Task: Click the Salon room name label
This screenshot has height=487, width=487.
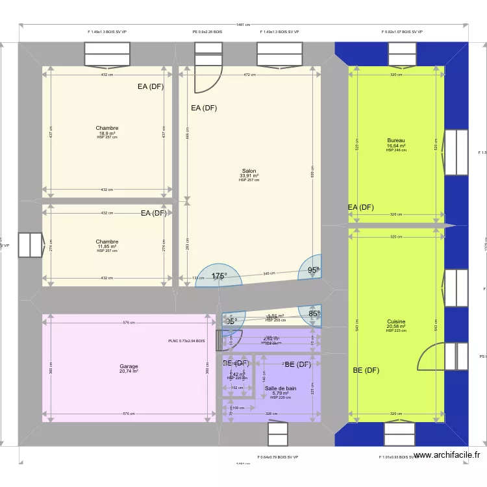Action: (249, 171)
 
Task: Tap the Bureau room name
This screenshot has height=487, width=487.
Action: (395, 140)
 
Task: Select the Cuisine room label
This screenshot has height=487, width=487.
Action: (395, 321)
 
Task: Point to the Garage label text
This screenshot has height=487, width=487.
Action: (129, 366)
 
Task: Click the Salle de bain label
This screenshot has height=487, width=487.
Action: (281, 388)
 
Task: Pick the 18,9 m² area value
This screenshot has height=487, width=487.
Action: (106, 133)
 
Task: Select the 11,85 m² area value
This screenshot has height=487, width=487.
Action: (106, 246)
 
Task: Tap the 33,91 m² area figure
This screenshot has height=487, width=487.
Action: (249, 175)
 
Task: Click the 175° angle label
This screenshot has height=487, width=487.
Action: (219, 276)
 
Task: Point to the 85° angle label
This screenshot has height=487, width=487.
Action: (314, 314)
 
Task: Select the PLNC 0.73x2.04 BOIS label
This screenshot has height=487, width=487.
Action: (186, 340)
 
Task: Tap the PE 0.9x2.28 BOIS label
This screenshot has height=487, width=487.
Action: (207, 31)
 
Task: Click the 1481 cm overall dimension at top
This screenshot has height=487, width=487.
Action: (243, 25)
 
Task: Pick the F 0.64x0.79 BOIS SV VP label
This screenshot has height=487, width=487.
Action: (277, 457)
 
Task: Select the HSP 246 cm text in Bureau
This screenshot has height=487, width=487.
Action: (395, 150)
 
